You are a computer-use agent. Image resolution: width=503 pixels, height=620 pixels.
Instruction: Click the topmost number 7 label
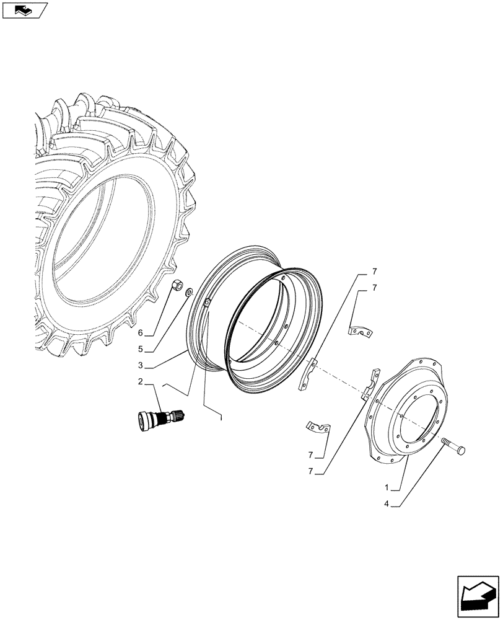coord(374,272)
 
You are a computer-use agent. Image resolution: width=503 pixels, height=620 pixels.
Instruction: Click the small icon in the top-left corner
coord(24,10)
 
